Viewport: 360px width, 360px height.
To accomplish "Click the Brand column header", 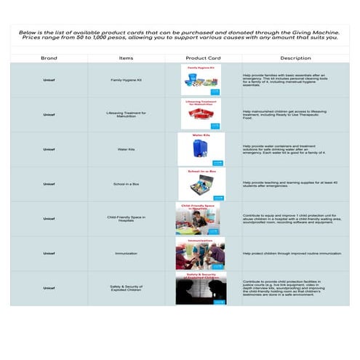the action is coord(49,57).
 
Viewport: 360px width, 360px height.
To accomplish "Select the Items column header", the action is coord(126,57).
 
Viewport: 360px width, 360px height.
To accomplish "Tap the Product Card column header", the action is coord(203,57).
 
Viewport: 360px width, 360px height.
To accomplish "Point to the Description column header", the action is coord(295,57).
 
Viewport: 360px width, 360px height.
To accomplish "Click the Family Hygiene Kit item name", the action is coord(126,80).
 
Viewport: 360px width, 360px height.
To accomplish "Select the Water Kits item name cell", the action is coord(126,149).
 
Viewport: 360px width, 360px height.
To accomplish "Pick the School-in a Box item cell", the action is coord(126,184).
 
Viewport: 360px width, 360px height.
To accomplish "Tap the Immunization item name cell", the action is coord(126,254).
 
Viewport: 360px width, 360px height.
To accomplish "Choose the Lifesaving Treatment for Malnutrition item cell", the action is coord(126,114).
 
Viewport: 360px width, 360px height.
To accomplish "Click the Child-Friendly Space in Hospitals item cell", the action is coord(126,218).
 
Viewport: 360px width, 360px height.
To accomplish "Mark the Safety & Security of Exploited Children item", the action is coord(126,288).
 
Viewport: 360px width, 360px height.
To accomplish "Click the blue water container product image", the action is coord(201,149).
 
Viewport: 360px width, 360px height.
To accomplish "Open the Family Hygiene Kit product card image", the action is coord(203,80).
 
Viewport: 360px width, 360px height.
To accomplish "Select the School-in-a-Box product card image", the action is coord(203,184).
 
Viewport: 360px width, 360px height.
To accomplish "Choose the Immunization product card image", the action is coord(200,254).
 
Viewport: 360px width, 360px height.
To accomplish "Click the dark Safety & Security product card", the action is coord(201,288).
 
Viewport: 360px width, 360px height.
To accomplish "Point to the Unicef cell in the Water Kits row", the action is coord(49,149).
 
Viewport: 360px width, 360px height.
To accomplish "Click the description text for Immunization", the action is coord(292,254).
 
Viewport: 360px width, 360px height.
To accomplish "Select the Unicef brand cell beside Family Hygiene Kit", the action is coord(49,80).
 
